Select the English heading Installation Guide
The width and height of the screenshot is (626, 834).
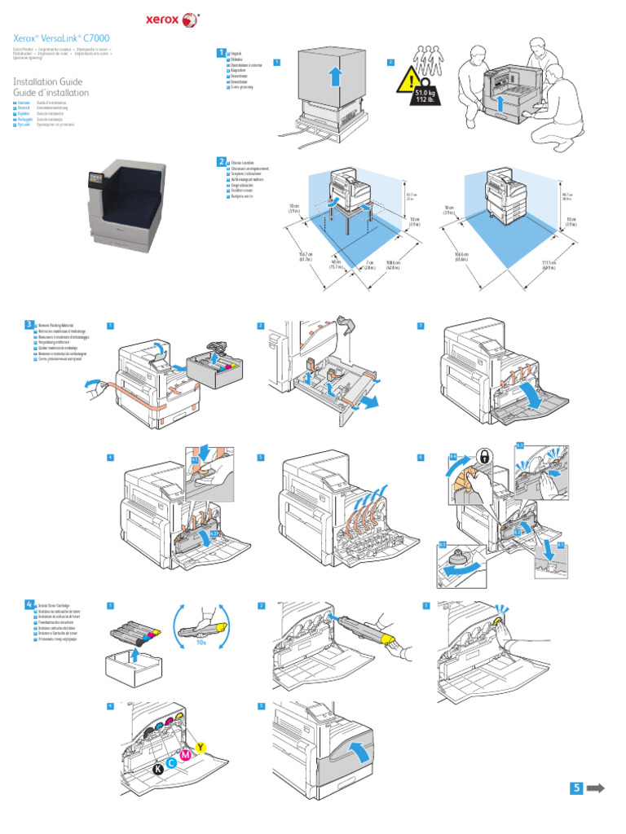(48, 81)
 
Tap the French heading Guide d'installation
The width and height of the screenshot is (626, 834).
(51, 93)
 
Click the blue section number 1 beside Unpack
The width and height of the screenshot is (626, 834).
(220, 53)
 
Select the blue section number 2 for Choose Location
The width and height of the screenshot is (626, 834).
(220, 162)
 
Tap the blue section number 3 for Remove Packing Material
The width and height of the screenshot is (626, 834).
(29, 324)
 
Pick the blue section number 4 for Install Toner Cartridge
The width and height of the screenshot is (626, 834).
(29, 604)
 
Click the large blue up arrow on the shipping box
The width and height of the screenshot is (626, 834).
(333, 78)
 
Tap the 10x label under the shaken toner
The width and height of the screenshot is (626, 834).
(201, 643)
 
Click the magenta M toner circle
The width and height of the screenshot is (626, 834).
(186, 755)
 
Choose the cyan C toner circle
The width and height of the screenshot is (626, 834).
(172, 762)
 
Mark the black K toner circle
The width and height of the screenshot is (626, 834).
(158, 769)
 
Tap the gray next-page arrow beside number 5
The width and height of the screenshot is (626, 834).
(596, 788)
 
